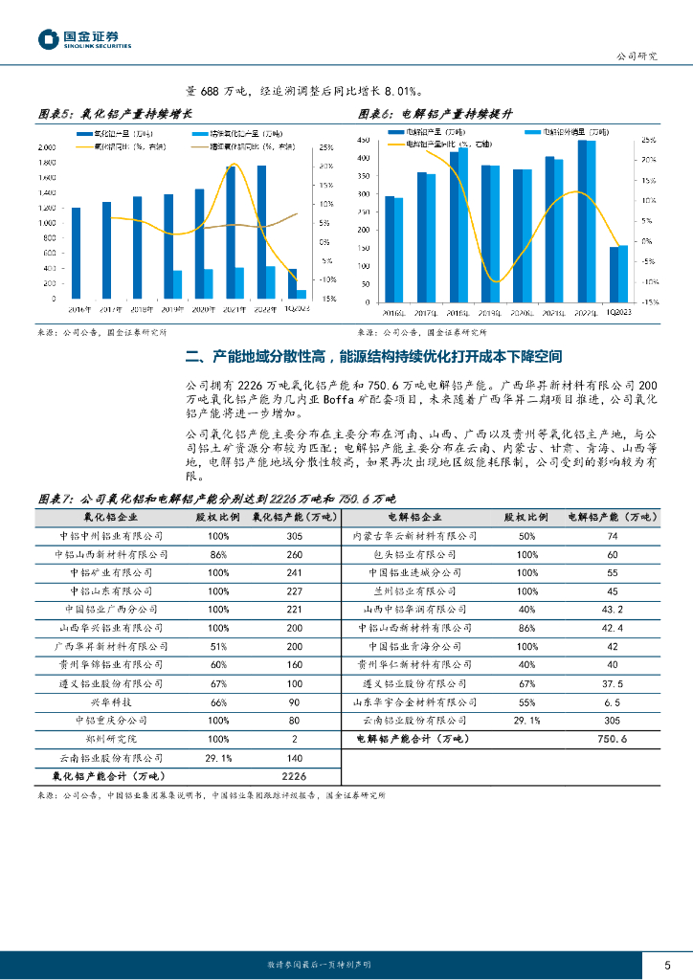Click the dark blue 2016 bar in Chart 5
pos(76,253)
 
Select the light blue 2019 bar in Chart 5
pos(177,284)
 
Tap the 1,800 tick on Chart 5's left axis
pos(46,163)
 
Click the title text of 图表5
pos(111,114)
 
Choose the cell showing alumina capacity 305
pos(294,536)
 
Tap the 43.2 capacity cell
pos(612,609)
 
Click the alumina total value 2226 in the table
pos(294,775)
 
